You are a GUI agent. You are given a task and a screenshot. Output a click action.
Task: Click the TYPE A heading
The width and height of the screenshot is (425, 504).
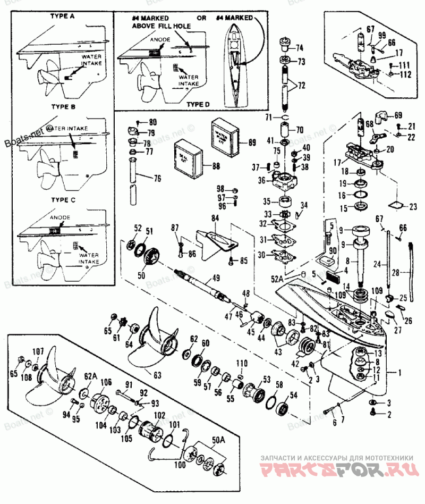63,16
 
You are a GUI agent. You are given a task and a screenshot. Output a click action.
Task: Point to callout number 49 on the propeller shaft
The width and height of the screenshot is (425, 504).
216,277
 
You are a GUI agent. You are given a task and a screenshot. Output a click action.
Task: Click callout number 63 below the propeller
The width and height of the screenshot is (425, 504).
157,374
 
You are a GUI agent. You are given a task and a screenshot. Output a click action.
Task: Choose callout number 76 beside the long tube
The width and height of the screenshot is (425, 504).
157,179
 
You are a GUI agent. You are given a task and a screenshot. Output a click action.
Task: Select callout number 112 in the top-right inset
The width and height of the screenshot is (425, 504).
406,74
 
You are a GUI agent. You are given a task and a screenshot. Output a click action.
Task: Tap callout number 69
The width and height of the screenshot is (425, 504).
398,114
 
